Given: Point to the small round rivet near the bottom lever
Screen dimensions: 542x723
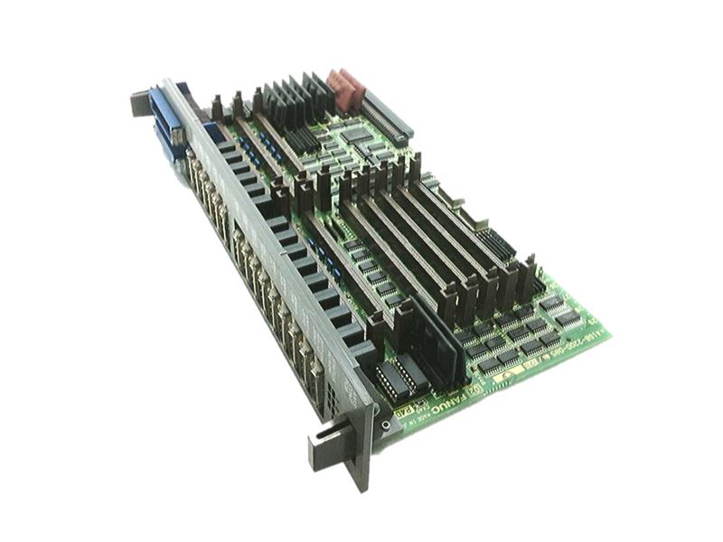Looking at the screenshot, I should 387,424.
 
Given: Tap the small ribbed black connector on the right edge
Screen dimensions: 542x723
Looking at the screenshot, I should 494,244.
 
